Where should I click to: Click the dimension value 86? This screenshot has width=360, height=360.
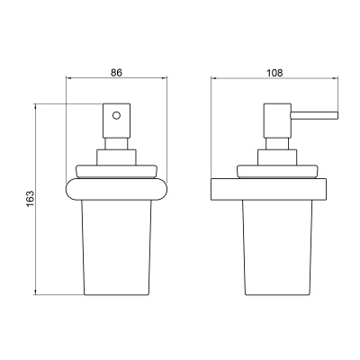(x=116, y=73)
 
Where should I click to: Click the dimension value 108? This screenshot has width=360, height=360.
(x=274, y=73)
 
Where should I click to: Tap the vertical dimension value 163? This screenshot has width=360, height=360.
(x=31, y=199)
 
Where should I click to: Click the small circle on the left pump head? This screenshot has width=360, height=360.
(x=116, y=115)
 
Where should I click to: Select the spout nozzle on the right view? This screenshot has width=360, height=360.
(x=314, y=115)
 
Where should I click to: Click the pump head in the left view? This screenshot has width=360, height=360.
(x=116, y=121)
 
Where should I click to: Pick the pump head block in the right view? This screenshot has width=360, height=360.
(x=277, y=121)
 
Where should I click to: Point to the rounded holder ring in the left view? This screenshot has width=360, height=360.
(x=116, y=189)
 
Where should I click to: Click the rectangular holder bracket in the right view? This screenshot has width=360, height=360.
(x=268, y=190)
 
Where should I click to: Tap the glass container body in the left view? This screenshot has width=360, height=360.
(x=116, y=247)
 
